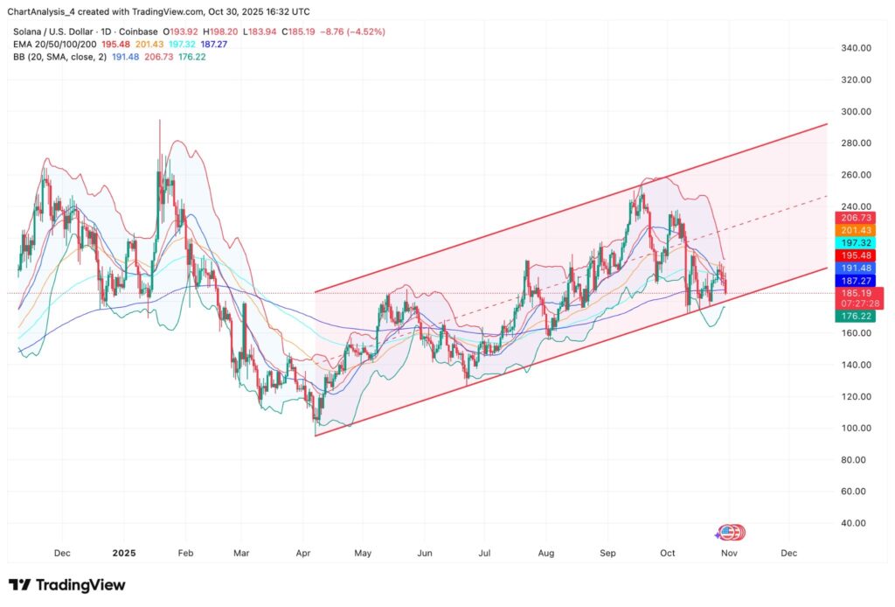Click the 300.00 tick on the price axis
856,112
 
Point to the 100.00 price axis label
856,428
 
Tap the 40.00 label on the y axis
858,523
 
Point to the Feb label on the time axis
184,554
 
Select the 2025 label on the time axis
124,554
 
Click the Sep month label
608,554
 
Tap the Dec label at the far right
788,554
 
